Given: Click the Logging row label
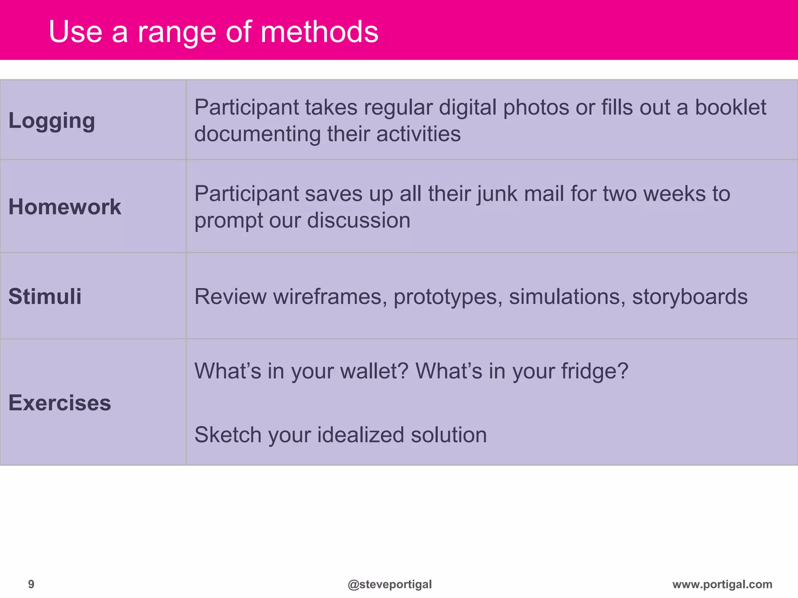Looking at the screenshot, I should coord(52,121).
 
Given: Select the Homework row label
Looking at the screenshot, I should coord(65,207).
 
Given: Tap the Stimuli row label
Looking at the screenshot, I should coord(45,296).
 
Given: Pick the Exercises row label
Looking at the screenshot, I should coord(60,403).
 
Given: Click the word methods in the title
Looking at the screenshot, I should coord(319,32).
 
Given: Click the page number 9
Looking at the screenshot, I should coord(31,584).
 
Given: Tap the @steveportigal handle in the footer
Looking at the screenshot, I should coord(390,584).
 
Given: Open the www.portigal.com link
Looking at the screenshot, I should coord(722,584).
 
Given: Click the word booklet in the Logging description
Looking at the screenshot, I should coord(730,107).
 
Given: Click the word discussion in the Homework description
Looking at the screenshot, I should coord(358,220).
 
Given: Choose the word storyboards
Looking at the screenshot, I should coord(690,297).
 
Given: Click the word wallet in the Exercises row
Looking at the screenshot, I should coord(374,371).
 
